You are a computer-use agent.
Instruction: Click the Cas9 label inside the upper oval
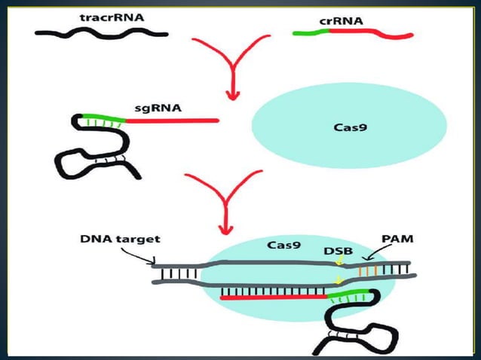(350, 127)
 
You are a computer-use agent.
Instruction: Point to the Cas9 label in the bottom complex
(285, 246)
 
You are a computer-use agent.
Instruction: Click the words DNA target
(120, 239)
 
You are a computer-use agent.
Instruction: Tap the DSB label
(338, 249)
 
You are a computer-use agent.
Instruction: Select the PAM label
(395, 239)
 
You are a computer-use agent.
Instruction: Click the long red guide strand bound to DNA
(271, 298)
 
